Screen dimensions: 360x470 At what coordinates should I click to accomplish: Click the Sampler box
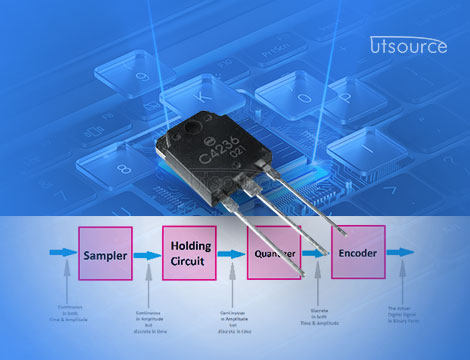click(104, 255)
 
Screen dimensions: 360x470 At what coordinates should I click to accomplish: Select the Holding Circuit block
click(189, 252)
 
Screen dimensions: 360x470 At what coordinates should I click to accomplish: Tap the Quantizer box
click(272, 254)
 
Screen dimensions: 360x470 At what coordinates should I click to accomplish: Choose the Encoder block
click(357, 253)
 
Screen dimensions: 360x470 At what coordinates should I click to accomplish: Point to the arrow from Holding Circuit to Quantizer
click(231, 255)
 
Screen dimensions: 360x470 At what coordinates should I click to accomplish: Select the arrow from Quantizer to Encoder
click(315, 255)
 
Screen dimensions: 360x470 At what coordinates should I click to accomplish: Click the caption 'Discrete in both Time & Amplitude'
click(316, 317)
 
